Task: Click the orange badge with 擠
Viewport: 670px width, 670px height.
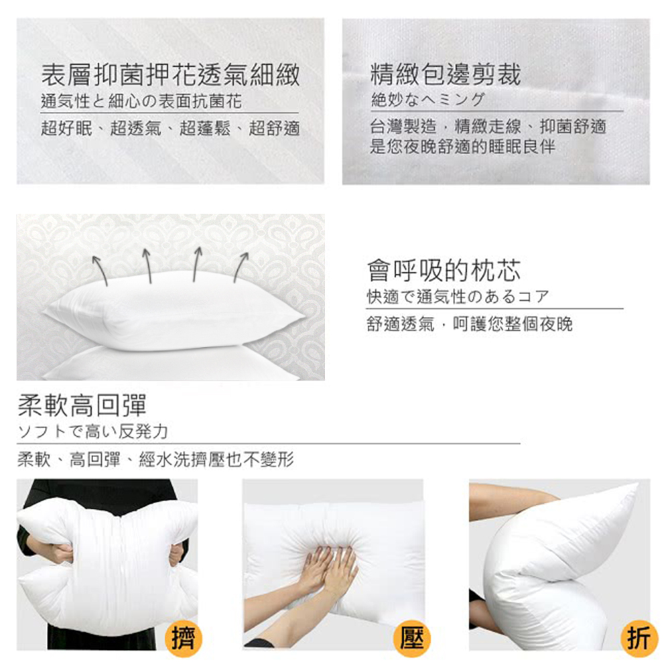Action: pos(184,639)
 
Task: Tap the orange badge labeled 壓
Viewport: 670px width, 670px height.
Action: pos(411,639)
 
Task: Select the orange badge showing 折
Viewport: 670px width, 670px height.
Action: pos(639,639)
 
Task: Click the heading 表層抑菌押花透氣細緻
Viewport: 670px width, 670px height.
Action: pos(170,75)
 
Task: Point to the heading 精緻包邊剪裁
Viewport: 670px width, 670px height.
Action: pos(446,74)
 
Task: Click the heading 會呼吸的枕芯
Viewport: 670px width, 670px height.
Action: pos(444,271)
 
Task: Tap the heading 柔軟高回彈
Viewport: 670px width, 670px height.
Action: pos(82,405)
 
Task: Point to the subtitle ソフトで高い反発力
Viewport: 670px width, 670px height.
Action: pos(92,431)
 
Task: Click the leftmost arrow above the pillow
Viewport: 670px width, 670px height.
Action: pos(100,270)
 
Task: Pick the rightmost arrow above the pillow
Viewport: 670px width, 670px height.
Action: pos(241,267)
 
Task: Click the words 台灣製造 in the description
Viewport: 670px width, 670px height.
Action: pos(403,127)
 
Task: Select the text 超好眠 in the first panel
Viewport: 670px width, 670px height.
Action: pos(66,128)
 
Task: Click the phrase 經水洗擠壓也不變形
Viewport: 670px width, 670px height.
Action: pos(216,460)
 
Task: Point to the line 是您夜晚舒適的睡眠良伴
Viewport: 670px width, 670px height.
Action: pos(462,147)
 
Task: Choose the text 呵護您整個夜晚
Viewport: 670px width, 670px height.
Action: pos(513,324)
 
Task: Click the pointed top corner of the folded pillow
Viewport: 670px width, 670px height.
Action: pos(638,484)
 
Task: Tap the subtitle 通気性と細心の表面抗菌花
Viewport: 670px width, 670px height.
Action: pos(141,102)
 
